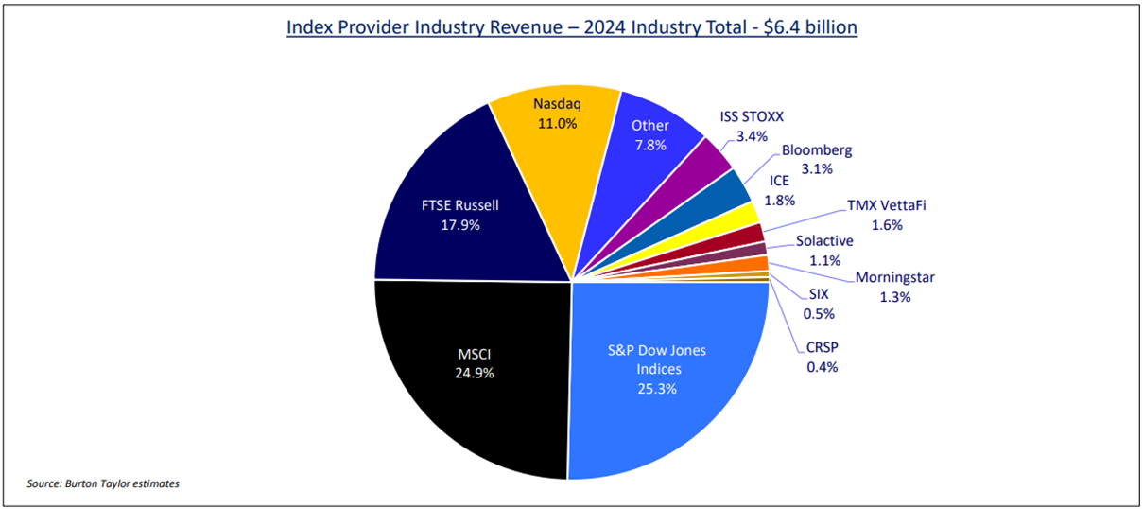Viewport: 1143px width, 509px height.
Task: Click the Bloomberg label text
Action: [x=816, y=150]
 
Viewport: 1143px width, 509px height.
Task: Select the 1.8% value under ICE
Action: [x=779, y=201]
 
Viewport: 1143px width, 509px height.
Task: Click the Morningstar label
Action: [x=894, y=277]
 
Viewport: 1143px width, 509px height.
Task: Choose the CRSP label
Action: [x=823, y=346]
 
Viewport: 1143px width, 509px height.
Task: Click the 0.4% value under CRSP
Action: [x=822, y=366]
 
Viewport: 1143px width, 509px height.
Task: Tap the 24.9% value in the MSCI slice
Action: [x=474, y=373]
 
